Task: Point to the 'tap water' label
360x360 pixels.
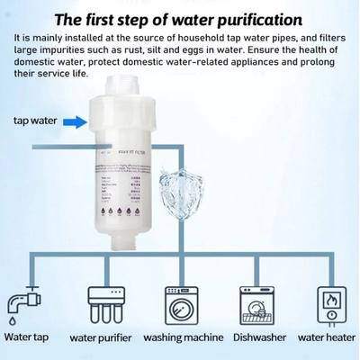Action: pos(37,119)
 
